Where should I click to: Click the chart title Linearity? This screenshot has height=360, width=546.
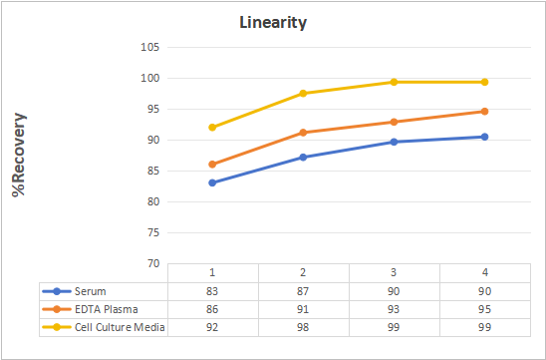pos(273,23)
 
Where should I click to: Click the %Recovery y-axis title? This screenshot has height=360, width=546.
pos(19,155)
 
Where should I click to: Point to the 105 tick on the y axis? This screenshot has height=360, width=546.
pos(150,47)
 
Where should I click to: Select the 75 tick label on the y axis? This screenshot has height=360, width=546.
pos(152,232)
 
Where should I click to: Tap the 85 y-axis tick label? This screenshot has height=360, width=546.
pos(152,171)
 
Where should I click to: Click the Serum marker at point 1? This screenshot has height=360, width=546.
pos(212,182)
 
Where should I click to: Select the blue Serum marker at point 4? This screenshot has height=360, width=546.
pos(484,137)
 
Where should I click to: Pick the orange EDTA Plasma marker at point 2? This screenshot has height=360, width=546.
pos(303,133)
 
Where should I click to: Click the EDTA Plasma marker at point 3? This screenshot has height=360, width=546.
pos(394,122)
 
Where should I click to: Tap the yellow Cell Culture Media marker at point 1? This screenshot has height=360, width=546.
pos(212,128)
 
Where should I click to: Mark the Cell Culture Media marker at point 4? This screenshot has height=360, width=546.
pos(484,82)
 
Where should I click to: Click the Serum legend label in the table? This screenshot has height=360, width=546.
pos(91,291)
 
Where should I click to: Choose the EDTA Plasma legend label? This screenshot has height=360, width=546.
pos(107,309)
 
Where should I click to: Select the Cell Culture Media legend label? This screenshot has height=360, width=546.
pos(120,327)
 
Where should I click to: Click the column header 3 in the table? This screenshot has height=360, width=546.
pos(394,272)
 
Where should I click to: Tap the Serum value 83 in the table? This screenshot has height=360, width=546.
pos(212,291)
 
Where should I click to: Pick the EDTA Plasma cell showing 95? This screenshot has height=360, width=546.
pos(484,309)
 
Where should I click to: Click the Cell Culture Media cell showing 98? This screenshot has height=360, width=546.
pos(303,327)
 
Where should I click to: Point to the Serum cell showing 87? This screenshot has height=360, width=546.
pos(303,291)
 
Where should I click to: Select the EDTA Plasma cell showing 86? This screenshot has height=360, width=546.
pos(212,309)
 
